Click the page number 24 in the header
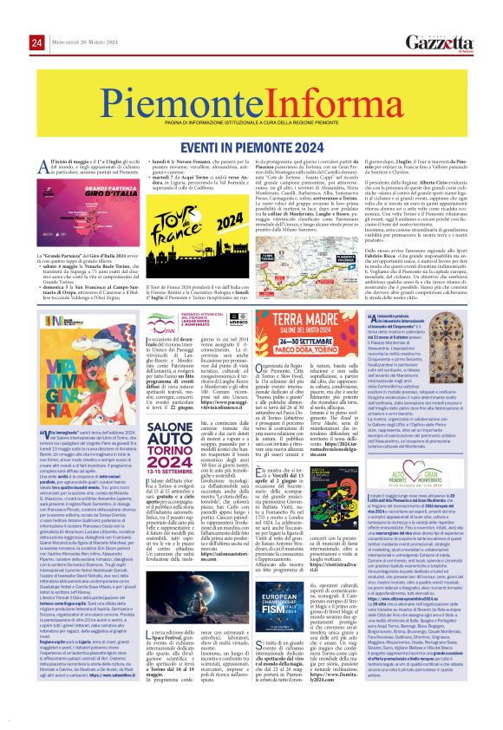pyautogui.click(x=13, y=19)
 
